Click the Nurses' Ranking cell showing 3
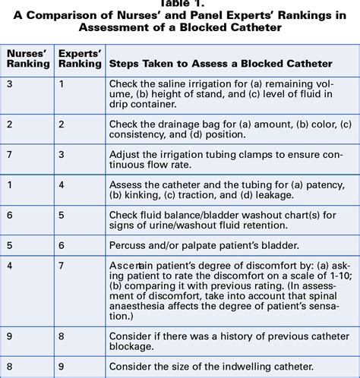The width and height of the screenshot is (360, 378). pos(9,83)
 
